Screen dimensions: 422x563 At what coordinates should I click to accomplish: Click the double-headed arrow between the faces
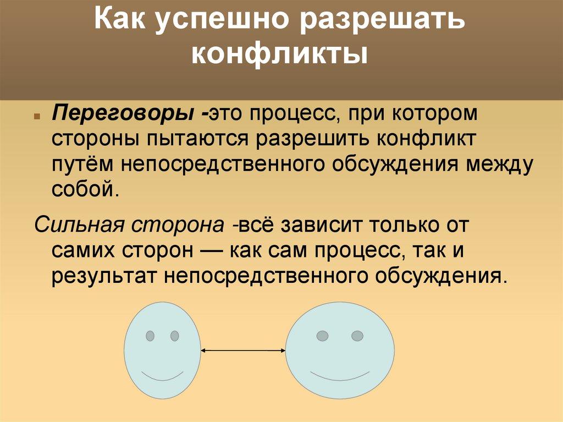pyautogui.click(x=244, y=350)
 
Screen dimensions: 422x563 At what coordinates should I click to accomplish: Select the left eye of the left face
pyautogui.click(x=150, y=336)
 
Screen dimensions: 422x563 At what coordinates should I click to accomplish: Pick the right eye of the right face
pyautogui.click(x=357, y=336)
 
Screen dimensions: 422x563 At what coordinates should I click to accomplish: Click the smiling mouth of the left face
pyautogui.click(x=162, y=376)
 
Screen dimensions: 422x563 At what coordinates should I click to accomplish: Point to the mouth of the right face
pyautogui.click(x=340, y=376)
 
